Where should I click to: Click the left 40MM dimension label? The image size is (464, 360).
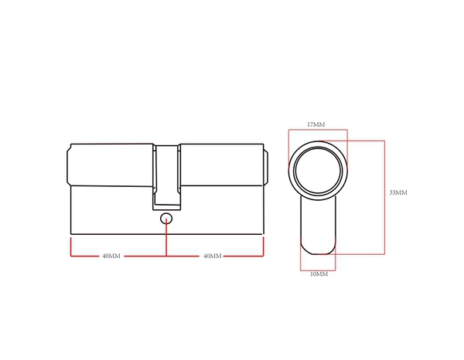[x=111, y=256]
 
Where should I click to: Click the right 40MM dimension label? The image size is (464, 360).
[x=212, y=256]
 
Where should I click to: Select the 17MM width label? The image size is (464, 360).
[x=316, y=124]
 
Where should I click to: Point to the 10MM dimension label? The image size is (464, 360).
[x=319, y=274]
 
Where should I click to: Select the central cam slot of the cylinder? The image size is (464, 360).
[x=167, y=176]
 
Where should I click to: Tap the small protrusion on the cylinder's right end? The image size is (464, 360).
[x=267, y=165]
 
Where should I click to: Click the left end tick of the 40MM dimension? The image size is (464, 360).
[x=71, y=247]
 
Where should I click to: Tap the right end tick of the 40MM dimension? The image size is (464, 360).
[x=264, y=247]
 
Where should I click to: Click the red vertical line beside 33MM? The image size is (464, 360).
[x=384, y=197]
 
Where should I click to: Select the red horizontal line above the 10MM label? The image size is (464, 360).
[x=319, y=267]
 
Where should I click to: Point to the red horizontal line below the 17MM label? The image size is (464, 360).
[x=317, y=130]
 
